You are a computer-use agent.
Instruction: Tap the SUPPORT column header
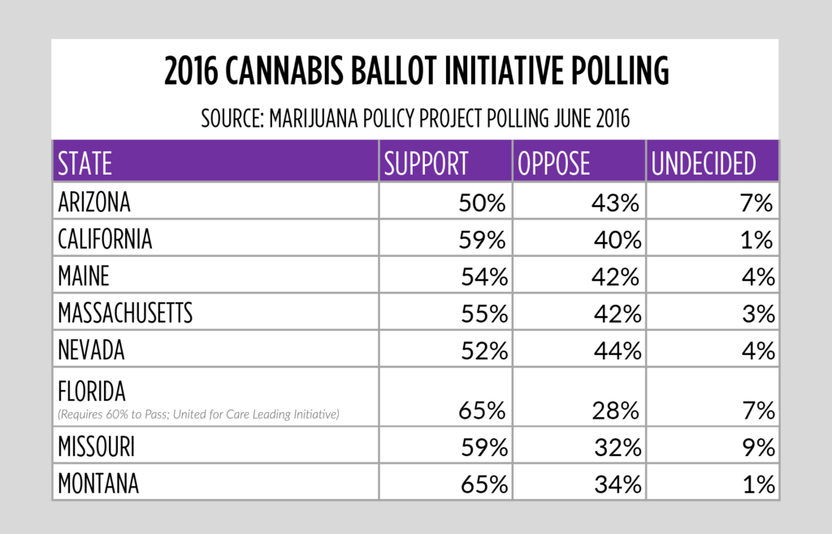[427, 164]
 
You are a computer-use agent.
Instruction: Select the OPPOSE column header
[554, 164]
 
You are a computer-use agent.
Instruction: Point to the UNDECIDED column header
[704, 164]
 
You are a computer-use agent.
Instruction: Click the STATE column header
[85, 164]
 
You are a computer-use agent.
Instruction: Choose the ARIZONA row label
[94, 202]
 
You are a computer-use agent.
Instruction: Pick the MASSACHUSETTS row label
[125, 314]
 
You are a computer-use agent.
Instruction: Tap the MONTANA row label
[98, 484]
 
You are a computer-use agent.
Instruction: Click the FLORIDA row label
[92, 393]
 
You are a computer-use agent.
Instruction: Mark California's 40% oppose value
[615, 241]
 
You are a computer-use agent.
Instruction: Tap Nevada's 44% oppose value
[616, 351]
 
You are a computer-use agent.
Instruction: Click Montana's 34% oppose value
[616, 485]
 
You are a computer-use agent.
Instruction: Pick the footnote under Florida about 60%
[198, 415]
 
